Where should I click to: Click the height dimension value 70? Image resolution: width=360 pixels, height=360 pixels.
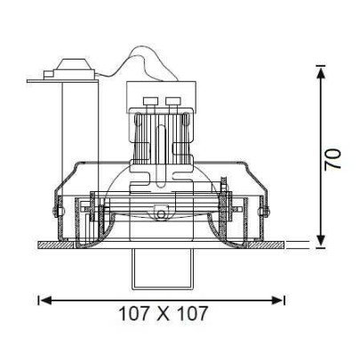pos(333,159)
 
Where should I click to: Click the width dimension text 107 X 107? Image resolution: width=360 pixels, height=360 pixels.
pos(163,314)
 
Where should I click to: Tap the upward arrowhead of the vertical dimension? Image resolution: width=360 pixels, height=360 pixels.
pos(320,73)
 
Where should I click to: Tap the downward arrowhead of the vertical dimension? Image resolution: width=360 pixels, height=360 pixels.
pos(320,241)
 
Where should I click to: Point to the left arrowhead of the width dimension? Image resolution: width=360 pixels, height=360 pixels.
pos(45,300)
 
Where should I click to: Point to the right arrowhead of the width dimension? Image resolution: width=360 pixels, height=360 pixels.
pos(277,300)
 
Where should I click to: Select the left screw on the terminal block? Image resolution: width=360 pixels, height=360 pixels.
pos(149,101)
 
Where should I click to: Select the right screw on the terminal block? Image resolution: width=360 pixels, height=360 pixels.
pos(172,101)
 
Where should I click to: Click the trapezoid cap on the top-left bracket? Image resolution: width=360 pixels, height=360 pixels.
pos(73,65)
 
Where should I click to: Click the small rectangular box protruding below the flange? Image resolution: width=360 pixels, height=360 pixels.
pos(163,268)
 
